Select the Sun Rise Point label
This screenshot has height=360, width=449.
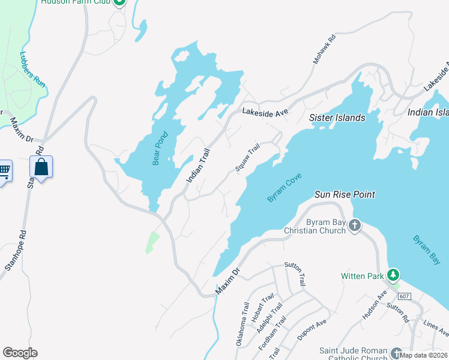(x=345, y=195)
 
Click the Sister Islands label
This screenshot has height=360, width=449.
(x=337, y=118)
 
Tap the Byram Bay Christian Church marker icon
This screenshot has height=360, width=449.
(x=355, y=225)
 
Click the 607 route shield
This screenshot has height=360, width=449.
(x=404, y=296)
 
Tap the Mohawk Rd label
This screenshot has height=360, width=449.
(x=324, y=49)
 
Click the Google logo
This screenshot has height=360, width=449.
(x=20, y=353)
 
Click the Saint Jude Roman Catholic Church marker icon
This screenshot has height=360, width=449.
(x=397, y=352)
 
